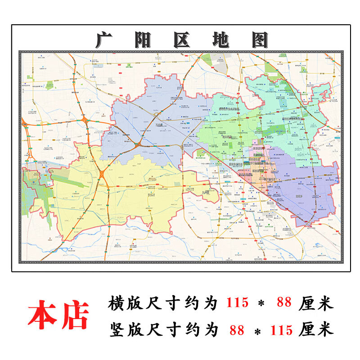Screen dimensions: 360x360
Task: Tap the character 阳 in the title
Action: [x=143, y=40]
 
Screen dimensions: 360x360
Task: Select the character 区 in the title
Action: [x=181, y=40]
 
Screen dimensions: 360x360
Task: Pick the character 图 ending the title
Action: [x=259, y=40]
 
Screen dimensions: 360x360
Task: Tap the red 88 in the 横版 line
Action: [x=284, y=303]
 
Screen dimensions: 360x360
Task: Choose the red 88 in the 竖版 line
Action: [x=236, y=330]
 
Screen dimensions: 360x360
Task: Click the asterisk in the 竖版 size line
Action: [x=258, y=332]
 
